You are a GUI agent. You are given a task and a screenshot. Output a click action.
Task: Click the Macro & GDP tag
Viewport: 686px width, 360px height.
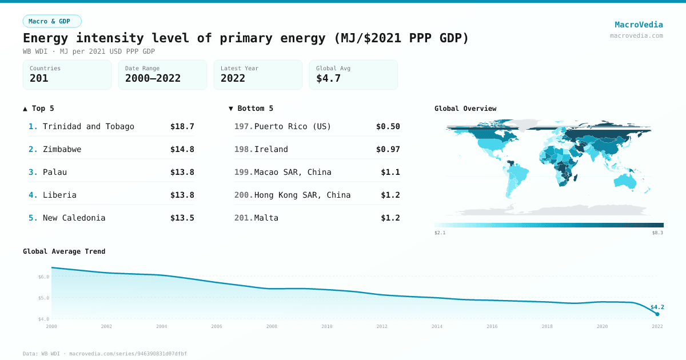pos(52,21)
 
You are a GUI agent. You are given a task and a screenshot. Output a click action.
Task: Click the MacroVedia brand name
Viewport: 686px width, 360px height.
pos(639,25)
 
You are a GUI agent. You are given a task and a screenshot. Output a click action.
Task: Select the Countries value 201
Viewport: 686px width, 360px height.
pos(39,78)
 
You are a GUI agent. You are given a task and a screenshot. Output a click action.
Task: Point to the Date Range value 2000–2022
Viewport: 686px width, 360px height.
pos(153,78)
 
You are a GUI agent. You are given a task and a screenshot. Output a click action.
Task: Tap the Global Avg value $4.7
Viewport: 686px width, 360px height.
pos(328,78)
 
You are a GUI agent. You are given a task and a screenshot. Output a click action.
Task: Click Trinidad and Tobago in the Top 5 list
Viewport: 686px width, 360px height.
pos(89,126)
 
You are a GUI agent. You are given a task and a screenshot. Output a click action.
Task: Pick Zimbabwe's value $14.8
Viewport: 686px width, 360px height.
pos(182,149)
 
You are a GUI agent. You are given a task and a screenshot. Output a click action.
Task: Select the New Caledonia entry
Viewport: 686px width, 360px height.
pos(74,218)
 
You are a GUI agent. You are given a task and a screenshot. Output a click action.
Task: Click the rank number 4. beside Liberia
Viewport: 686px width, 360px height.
pos(33,195)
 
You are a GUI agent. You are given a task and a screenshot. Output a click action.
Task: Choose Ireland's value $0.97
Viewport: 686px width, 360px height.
pos(388,149)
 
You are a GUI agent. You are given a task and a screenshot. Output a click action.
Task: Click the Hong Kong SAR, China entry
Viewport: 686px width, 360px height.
pos(302,195)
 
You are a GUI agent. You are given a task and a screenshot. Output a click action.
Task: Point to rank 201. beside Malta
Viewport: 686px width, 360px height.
pos(244,218)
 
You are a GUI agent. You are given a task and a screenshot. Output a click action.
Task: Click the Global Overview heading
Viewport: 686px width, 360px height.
pos(465,109)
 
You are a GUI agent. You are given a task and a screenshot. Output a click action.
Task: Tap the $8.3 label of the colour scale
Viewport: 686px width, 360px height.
pos(657,233)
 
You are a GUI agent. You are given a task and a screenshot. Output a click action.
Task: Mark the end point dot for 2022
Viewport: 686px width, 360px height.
pos(657,314)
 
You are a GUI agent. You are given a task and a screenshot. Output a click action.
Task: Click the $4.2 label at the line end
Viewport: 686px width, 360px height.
pos(657,307)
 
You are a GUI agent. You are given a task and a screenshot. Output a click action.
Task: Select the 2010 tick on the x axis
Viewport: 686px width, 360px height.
pos(327,326)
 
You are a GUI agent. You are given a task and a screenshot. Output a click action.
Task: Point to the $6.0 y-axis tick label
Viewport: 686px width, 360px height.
pos(43,277)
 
